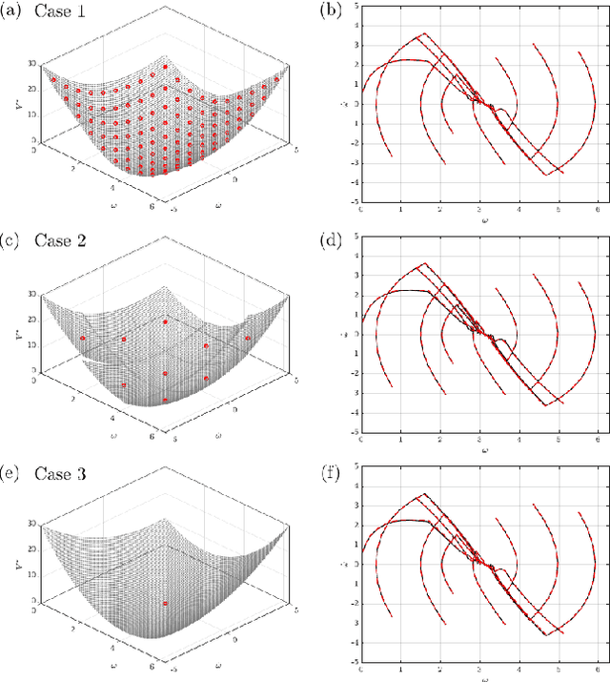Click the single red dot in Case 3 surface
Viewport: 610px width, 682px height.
166,604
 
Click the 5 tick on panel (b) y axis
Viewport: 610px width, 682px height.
355,6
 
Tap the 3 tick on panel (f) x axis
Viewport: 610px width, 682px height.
478,670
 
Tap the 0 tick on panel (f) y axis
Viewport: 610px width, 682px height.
355,564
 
